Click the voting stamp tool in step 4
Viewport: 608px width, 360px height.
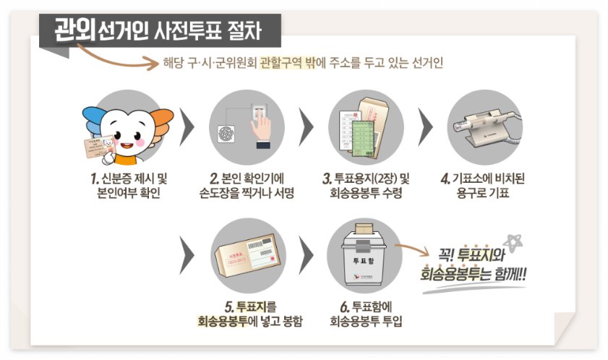coord(478,131)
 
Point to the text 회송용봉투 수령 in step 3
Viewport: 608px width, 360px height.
coord(365,193)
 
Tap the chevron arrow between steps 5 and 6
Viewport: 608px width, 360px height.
coord(307,254)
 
